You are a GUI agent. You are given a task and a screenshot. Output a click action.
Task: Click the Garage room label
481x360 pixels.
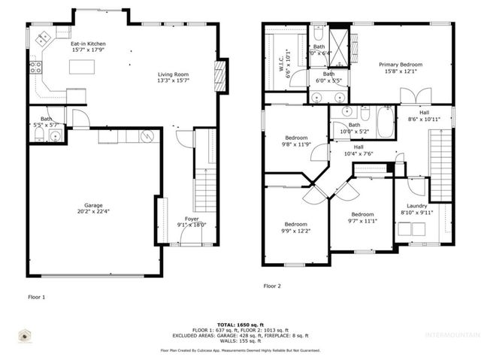(x=93, y=204)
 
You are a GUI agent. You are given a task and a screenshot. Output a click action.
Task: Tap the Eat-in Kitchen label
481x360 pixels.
(x=88, y=44)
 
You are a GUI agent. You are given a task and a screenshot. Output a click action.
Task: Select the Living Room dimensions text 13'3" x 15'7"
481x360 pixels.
(x=173, y=81)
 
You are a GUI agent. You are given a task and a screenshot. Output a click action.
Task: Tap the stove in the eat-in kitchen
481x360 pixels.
(x=35, y=68)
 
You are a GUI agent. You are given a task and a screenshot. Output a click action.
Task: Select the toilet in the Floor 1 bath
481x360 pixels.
(x=38, y=135)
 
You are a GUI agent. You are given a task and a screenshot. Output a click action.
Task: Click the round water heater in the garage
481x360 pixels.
(x=147, y=136)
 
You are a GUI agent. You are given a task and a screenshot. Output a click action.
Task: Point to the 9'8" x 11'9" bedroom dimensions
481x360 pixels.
(x=295, y=144)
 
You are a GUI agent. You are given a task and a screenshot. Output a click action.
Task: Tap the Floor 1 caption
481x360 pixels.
(x=36, y=298)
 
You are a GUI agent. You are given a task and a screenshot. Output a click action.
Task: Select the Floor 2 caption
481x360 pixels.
(x=272, y=286)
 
